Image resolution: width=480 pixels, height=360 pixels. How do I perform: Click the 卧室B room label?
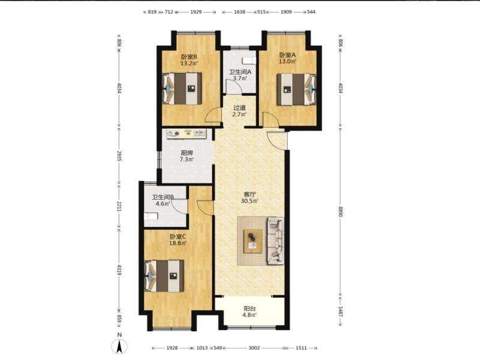click(x=189, y=56)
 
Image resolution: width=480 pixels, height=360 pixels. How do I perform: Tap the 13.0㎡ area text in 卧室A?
click(x=287, y=61)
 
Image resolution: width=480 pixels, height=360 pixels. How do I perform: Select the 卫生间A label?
click(x=241, y=72)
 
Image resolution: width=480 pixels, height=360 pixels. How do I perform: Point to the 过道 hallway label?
click(x=239, y=108)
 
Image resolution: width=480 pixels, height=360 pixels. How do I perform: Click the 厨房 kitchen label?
click(x=187, y=153)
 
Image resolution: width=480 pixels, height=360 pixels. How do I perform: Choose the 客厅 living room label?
click(x=250, y=194)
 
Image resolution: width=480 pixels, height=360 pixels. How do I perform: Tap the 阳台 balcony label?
click(x=250, y=308)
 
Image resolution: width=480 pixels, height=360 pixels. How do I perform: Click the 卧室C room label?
click(x=178, y=236)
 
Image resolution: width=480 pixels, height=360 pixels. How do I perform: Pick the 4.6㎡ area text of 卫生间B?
click(x=163, y=203)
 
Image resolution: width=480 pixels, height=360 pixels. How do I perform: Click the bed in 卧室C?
click(x=164, y=276)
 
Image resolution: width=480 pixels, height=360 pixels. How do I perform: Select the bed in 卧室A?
click(x=296, y=89)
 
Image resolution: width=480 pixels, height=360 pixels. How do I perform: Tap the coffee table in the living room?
click(x=253, y=241)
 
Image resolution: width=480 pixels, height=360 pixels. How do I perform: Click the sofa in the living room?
click(x=275, y=241)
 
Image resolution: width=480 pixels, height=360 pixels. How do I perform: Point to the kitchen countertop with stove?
click(x=187, y=134)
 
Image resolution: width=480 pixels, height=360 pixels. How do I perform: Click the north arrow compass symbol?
click(x=120, y=346)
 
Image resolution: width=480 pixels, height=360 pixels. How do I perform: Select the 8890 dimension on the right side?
click(x=340, y=211)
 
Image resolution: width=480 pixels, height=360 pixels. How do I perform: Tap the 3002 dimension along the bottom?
click(x=254, y=348)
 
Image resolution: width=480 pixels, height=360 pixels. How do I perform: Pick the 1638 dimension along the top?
click(x=239, y=12)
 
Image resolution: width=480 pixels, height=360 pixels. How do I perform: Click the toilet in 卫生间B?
click(x=151, y=217)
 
